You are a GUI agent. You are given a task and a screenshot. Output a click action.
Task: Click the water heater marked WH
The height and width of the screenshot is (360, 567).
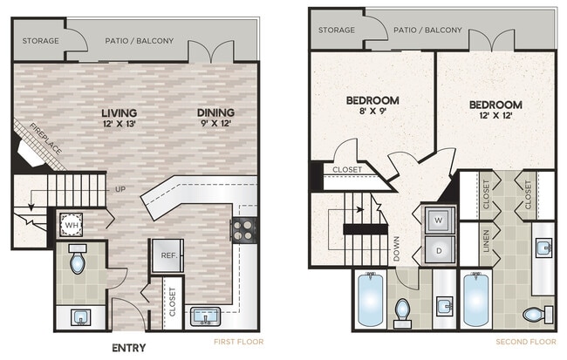71,224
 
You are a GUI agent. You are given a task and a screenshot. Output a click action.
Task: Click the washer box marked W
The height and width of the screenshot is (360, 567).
438,220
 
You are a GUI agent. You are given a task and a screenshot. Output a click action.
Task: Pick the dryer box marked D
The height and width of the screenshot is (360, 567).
438,250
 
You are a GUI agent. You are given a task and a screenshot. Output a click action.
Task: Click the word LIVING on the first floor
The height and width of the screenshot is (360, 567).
119,112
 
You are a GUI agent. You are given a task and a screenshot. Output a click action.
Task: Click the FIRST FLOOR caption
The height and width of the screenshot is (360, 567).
235,342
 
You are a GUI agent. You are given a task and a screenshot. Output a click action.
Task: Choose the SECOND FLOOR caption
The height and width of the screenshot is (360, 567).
525,342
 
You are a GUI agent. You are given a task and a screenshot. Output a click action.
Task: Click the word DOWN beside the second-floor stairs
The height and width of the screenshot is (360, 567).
396,250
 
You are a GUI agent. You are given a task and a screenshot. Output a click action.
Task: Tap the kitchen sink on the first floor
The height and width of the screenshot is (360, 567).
208,316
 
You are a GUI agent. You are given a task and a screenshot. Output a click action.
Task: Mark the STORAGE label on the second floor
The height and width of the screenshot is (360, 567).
336,30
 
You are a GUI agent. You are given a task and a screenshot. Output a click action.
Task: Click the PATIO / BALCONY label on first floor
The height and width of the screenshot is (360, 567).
140,40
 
